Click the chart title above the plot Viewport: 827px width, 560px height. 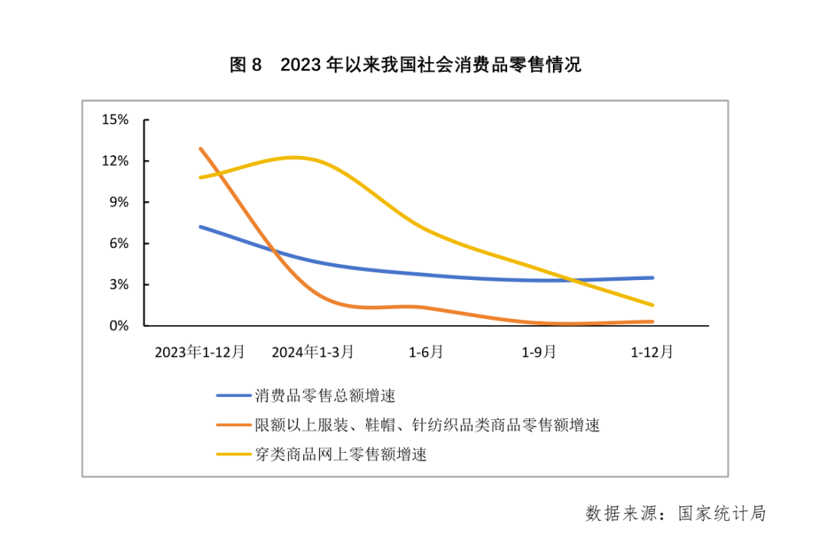405,65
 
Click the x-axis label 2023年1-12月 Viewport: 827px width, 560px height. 200,352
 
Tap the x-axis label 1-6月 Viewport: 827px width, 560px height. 426,352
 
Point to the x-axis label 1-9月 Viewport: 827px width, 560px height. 539,352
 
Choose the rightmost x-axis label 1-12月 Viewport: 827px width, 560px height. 652,352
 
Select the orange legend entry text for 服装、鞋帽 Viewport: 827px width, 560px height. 427,425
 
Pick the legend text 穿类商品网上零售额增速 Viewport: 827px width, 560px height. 341,454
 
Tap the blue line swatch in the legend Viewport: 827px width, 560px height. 234,396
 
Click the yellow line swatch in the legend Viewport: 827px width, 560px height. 234,454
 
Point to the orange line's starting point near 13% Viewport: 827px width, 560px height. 201,148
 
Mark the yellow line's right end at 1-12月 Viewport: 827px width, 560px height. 652,305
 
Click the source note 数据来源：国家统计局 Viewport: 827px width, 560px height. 675,513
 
